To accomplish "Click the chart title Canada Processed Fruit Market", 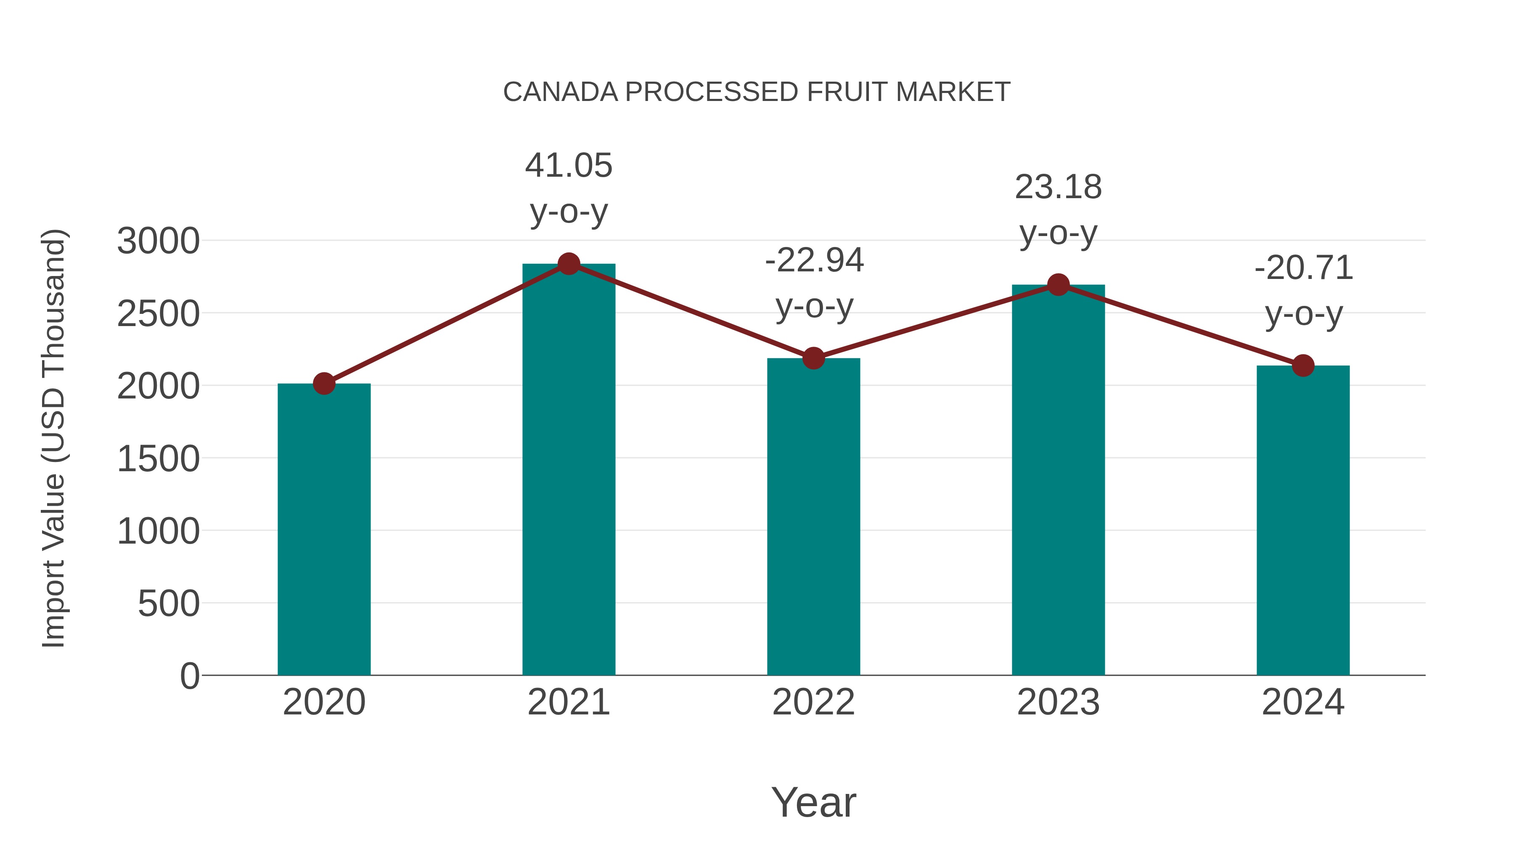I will (x=757, y=92).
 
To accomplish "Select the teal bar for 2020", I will (x=324, y=529).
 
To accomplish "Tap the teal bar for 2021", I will (x=568, y=470).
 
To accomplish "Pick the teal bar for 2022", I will (x=813, y=518).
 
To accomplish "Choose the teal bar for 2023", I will (x=1058, y=482).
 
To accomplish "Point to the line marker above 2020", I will (x=324, y=383).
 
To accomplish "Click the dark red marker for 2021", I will (x=568, y=264).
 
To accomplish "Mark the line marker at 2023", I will (x=1058, y=285).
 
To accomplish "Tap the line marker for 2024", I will (x=1303, y=366).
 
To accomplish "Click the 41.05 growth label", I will (x=568, y=166).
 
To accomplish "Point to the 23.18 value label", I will (x=1058, y=188).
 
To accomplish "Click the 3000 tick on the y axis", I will (x=158, y=241).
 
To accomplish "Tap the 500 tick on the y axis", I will (x=169, y=604).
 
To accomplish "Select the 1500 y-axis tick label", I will (x=158, y=459).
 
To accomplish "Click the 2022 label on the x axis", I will (x=813, y=702).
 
